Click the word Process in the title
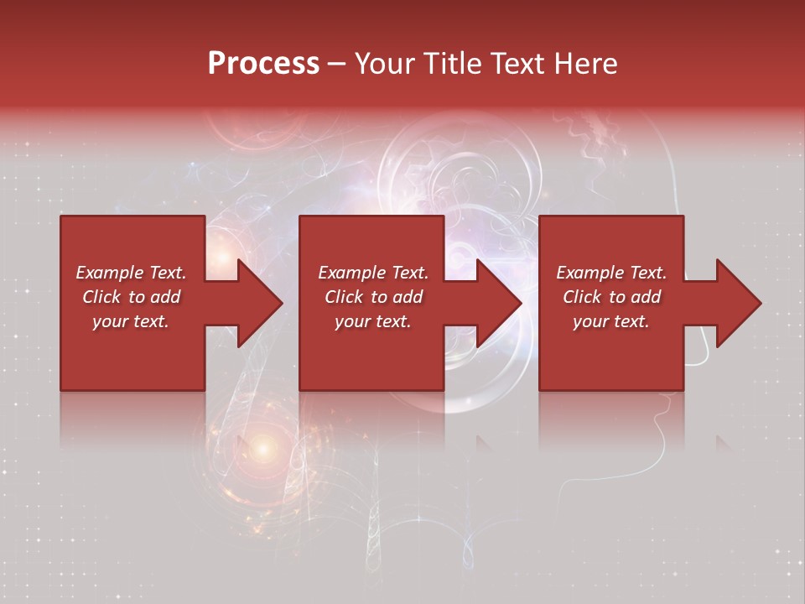(263, 64)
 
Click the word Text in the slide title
(520, 64)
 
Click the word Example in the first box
(110, 273)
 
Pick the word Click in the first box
(101, 297)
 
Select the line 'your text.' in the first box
(131, 321)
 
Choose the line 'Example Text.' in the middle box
(373, 273)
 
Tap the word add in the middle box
(408, 297)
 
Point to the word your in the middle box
(353, 322)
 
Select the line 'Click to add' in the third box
(611, 297)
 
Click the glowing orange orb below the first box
(262, 450)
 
